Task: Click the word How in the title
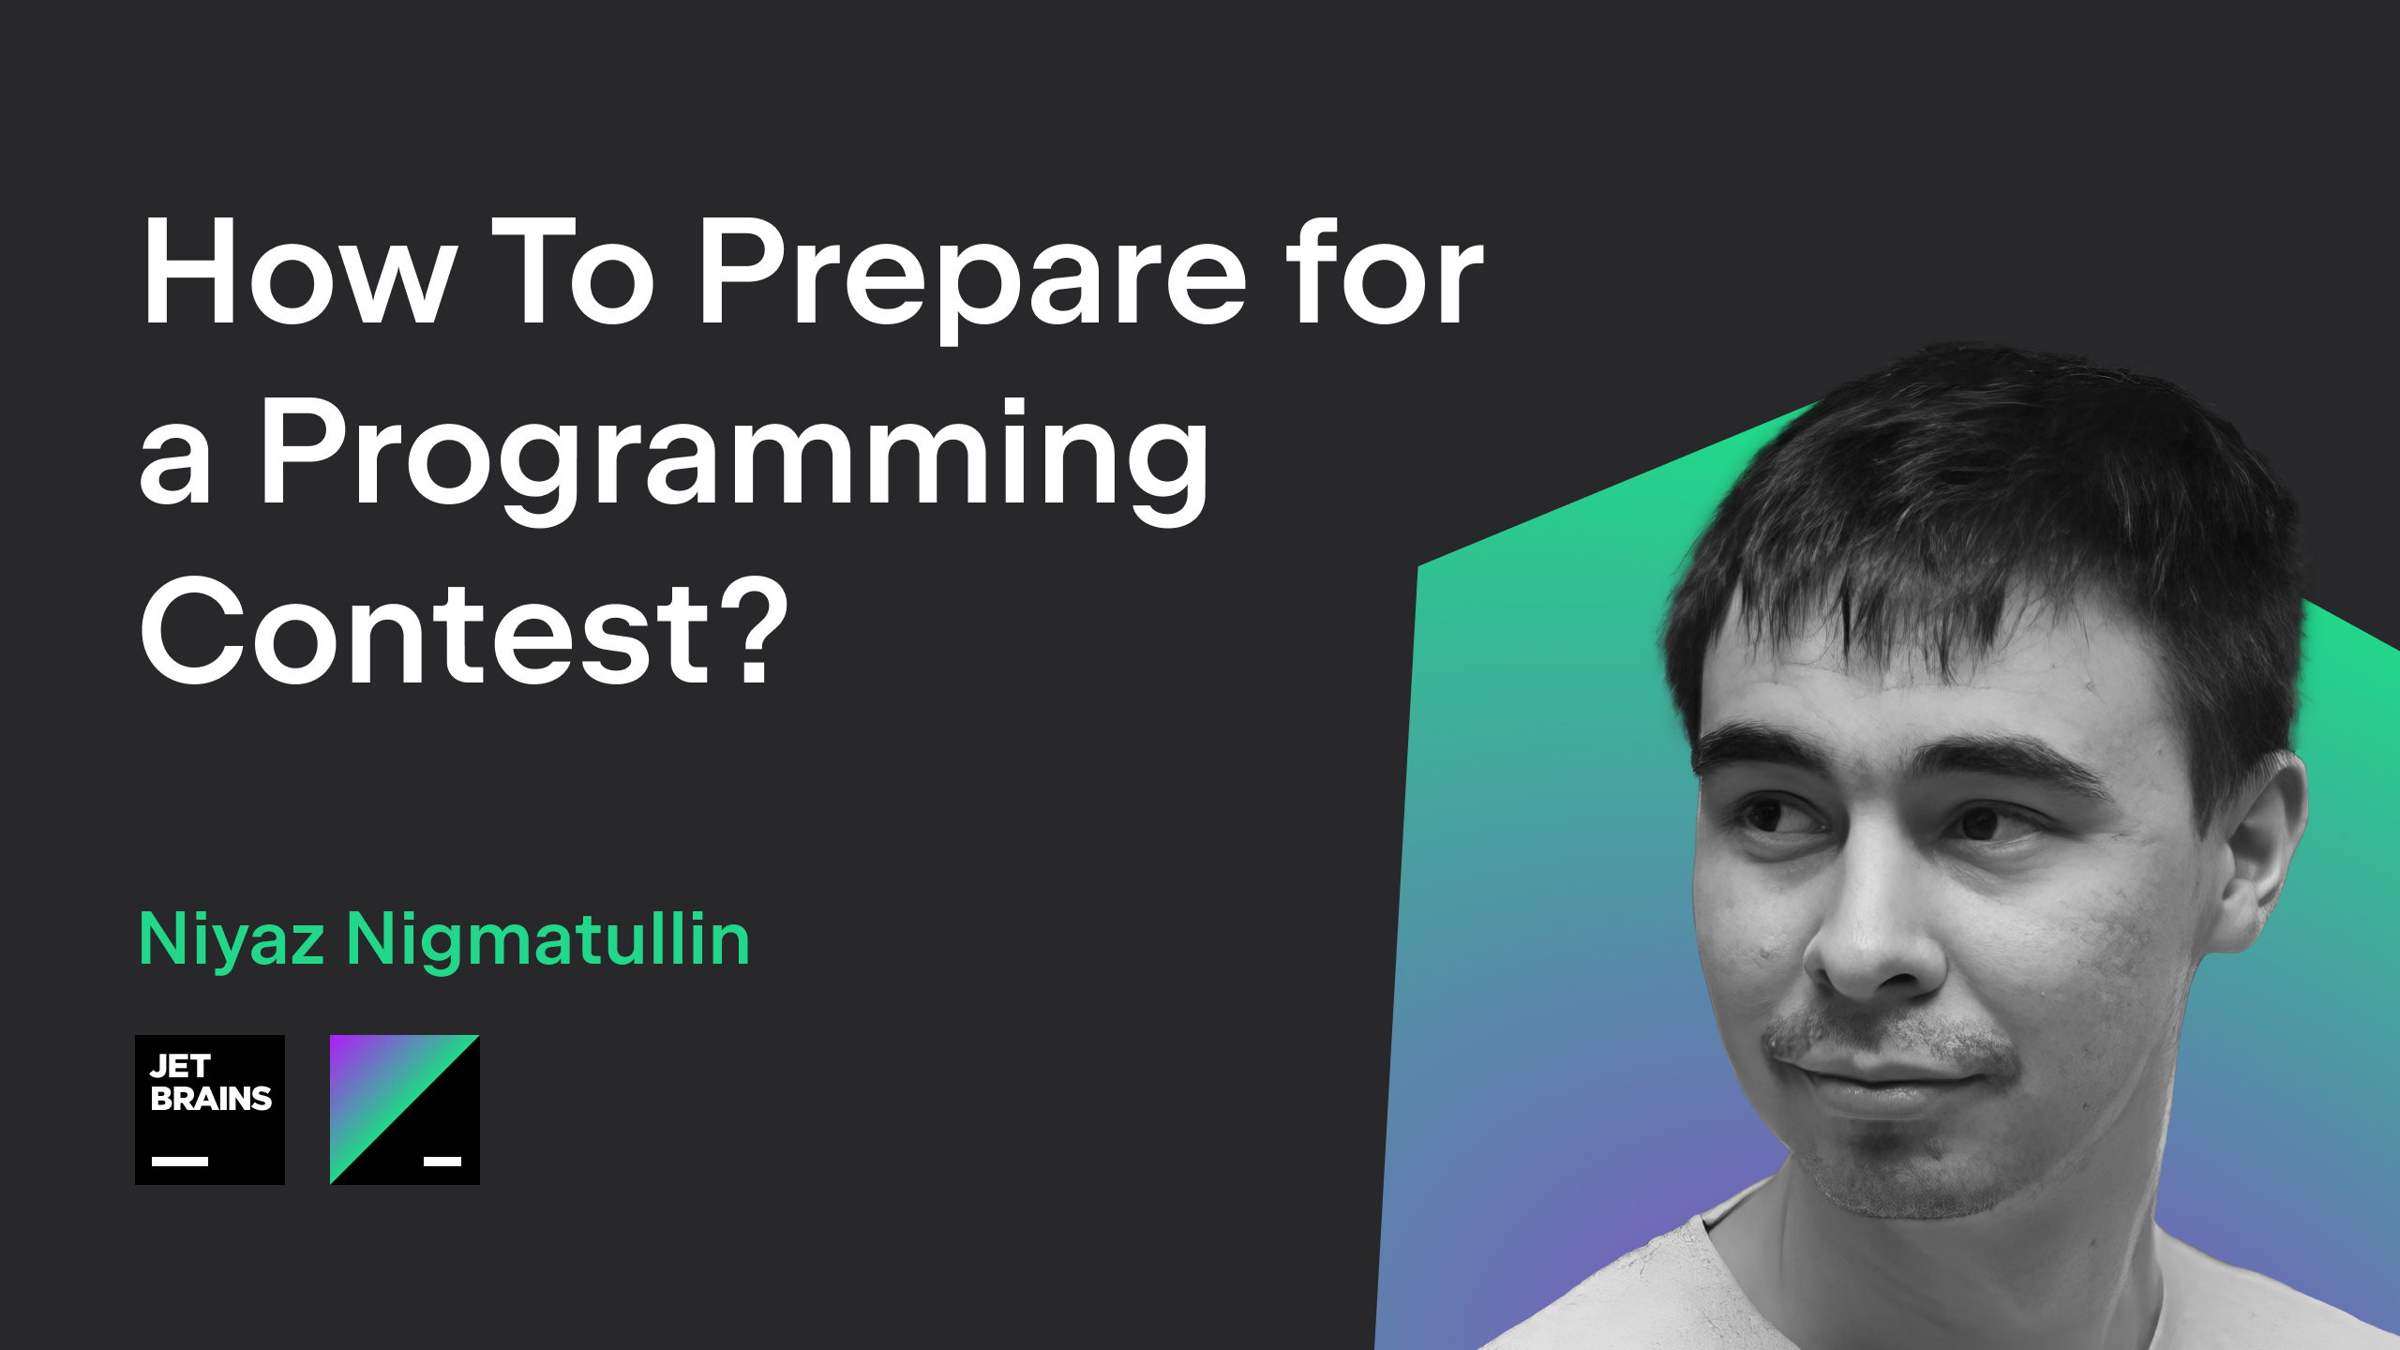coord(298,272)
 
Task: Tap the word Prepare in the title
coord(972,277)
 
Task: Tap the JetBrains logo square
coord(210,1110)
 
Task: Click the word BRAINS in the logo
coord(211,1099)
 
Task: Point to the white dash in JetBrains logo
coord(180,1162)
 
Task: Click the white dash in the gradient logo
coord(442,1162)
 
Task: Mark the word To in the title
coord(572,272)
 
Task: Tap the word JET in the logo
coord(180,1067)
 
